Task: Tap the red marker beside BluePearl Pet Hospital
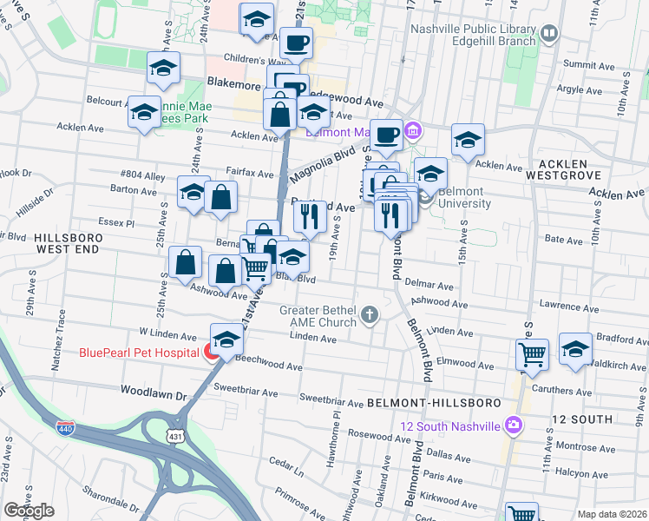point(210,352)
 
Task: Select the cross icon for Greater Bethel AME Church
point(370,313)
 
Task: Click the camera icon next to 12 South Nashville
point(514,425)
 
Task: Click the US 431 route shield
point(176,434)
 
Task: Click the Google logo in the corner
point(29,511)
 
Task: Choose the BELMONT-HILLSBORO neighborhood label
point(433,404)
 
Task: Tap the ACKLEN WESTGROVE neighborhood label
point(574,170)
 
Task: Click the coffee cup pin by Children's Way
point(296,41)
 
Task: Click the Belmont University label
point(464,198)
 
